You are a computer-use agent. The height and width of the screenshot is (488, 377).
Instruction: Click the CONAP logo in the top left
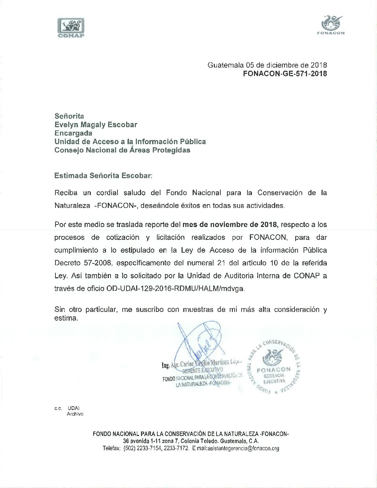coord(71,27)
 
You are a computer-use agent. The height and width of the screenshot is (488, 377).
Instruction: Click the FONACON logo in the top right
coord(331,25)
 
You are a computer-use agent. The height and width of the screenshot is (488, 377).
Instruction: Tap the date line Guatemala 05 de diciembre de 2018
coord(267,65)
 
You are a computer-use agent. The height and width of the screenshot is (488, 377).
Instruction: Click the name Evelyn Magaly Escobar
coord(96,125)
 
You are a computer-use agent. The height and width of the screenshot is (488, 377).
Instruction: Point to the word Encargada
coord(73,133)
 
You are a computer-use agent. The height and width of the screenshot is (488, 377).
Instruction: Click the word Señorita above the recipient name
coord(69,116)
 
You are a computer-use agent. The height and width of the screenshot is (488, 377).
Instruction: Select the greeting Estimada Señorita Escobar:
coord(103,175)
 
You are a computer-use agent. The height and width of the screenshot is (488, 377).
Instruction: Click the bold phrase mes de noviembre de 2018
coord(230,224)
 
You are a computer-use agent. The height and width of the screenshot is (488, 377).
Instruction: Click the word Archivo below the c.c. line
coord(75,414)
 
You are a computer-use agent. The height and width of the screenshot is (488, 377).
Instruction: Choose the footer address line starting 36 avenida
coord(191,441)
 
